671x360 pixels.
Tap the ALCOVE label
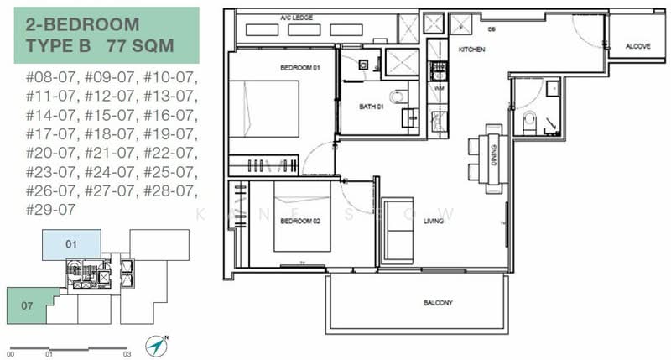637,47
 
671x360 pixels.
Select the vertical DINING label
494,155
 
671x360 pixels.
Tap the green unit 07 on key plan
30,307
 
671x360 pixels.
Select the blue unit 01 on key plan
71,245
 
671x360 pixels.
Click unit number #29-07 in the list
51,209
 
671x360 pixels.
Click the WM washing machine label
438,88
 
